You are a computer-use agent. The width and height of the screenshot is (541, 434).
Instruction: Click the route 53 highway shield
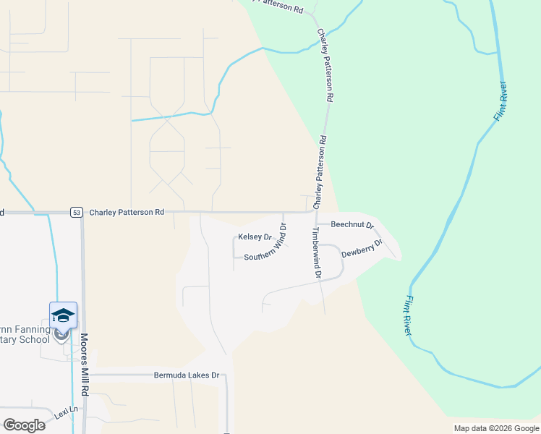click(77, 213)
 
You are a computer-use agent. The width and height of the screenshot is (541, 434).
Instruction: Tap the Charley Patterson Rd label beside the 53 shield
click(127, 213)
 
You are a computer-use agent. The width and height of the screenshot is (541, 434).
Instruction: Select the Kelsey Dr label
click(254, 237)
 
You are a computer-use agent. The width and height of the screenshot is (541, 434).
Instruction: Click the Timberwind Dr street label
click(315, 253)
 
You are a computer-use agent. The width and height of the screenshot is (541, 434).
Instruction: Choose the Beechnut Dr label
click(352, 225)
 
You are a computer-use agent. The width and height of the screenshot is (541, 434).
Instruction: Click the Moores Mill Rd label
click(85, 364)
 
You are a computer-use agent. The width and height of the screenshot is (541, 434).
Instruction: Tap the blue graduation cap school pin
click(63, 315)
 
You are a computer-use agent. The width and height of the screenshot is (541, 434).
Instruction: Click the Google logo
click(24, 425)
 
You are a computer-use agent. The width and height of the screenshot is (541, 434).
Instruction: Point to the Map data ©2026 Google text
click(495, 428)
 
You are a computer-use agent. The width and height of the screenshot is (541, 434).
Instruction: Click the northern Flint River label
click(500, 102)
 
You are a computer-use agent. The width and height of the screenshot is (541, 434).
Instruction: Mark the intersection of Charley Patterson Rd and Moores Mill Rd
click(82, 213)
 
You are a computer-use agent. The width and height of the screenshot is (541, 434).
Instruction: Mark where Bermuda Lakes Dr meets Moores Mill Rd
click(85, 376)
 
